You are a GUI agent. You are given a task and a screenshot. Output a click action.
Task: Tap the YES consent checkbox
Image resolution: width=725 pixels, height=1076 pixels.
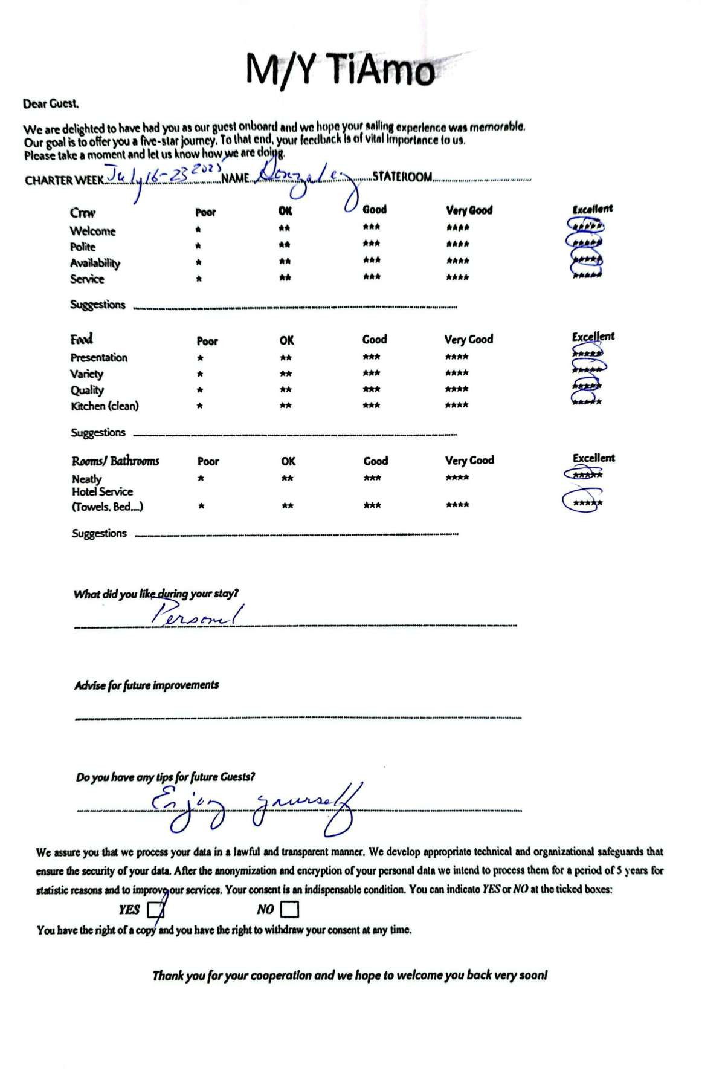pyautogui.click(x=155, y=909)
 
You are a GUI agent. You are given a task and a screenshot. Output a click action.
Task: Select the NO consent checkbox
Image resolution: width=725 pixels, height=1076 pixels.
pyautogui.click(x=289, y=909)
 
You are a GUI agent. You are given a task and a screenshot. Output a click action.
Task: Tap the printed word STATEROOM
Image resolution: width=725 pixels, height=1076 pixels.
pyautogui.click(x=402, y=177)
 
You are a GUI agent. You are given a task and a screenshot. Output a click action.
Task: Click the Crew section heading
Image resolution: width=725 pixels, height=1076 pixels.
pyautogui.click(x=83, y=213)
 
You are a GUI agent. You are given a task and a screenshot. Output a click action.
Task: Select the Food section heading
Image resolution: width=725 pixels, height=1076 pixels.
pyautogui.click(x=82, y=339)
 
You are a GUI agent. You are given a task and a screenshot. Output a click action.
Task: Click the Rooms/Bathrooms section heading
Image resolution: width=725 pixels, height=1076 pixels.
pyautogui.click(x=115, y=461)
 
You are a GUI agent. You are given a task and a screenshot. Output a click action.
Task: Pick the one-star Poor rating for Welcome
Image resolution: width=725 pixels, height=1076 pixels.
pyautogui.click(x=198, y=230)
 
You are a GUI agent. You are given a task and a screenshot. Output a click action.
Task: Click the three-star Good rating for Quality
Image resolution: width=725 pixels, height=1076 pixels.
pyautogui.click(x=372, y=389)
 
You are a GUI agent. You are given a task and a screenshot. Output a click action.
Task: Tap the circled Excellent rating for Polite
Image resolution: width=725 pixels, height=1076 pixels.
pyautogui.click(x=584, y=242)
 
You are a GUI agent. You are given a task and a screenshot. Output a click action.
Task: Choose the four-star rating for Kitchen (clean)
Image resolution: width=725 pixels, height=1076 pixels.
pyautogui.click(x=457, y=405)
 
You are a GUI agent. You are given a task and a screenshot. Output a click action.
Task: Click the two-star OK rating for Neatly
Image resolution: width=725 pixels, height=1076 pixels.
pyautogui.click(x=288, y=478)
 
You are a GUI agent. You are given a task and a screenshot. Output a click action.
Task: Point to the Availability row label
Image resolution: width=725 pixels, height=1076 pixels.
pyautogui.click(x=95, y=263)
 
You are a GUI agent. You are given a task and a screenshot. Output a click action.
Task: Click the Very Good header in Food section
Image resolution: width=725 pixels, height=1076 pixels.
pyautogui.click(x=469, y=340)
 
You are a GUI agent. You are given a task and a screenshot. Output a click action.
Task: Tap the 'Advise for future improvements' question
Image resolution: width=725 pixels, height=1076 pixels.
pyautogui.click(x=146, y=685)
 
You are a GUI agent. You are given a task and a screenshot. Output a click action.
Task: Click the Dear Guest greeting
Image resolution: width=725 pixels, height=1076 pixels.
pyautogui.click(x=51, y=104)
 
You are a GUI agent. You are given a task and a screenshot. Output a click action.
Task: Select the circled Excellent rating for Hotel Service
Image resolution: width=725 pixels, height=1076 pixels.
pyautogui.click(x=584, y=502)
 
